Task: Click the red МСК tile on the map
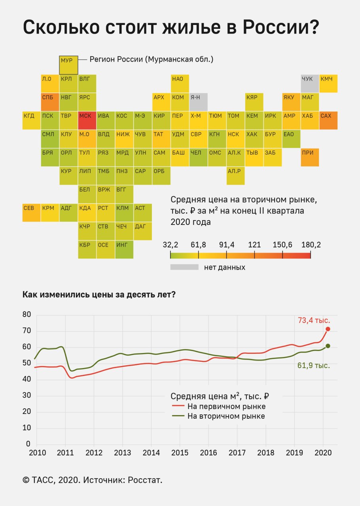point(87,120)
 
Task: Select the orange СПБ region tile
point(50,102)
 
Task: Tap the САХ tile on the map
point(328,120)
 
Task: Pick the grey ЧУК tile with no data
point(310,83)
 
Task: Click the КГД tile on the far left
point(32,120)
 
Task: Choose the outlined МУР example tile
point(68,65)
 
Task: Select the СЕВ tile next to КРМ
point(32,212)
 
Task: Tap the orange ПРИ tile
point(310,157)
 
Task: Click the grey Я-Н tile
point(198,102)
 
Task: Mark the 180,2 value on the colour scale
point(311,245)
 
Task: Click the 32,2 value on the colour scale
point(171,245)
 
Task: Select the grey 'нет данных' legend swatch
point(184,267)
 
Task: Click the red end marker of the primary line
point(328,329)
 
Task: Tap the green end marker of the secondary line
point(328,346)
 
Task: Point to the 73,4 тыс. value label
point(314,321)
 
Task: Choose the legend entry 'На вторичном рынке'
point(226,416)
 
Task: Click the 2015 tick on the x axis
point(180,452)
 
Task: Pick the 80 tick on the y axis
point(27,315)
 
